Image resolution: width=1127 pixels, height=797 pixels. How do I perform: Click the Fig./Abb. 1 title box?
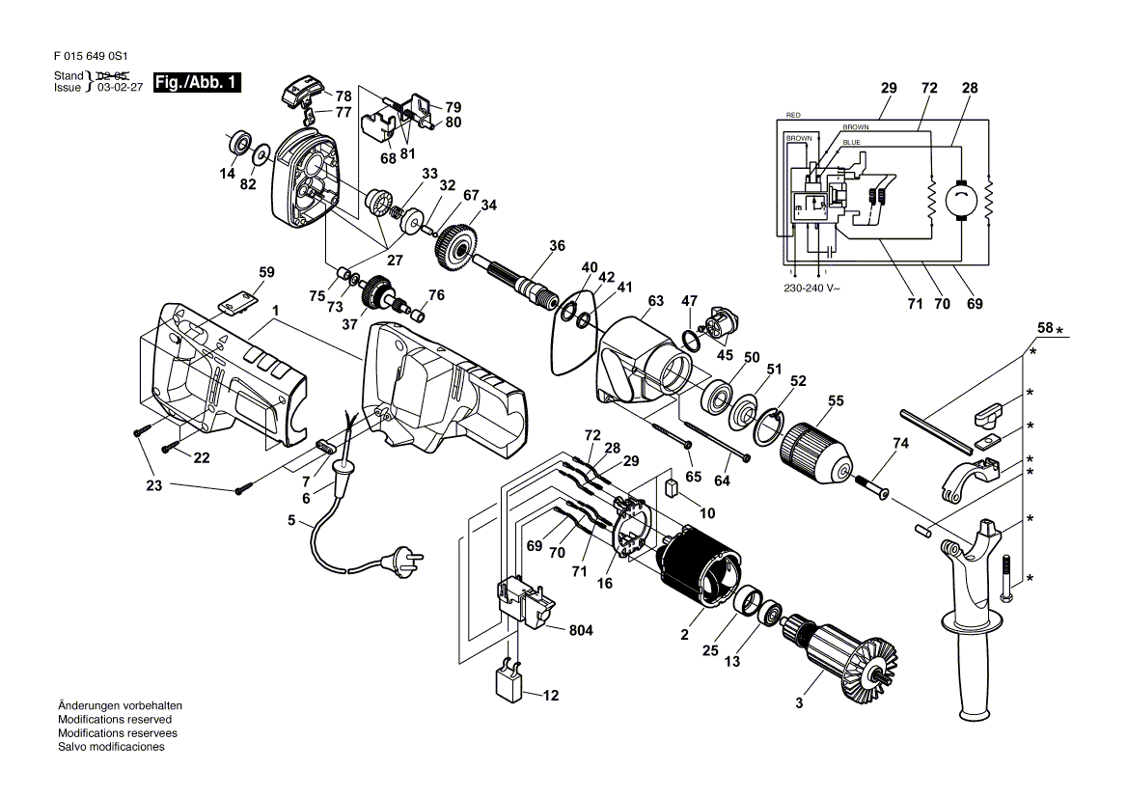197,83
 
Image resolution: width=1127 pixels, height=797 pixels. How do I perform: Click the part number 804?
581,630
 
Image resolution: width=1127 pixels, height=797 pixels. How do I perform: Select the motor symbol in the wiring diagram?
959,199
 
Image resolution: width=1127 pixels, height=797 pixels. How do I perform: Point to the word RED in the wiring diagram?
793,115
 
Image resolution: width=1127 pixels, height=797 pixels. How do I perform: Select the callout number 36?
557,246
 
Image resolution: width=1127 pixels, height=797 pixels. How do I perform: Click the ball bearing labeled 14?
238,143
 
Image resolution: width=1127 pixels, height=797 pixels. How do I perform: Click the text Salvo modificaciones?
111,747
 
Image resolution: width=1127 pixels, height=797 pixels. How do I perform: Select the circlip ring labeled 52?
769,427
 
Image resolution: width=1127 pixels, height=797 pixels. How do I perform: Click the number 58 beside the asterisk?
1045,328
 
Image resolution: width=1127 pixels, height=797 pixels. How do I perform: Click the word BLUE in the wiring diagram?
851,142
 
